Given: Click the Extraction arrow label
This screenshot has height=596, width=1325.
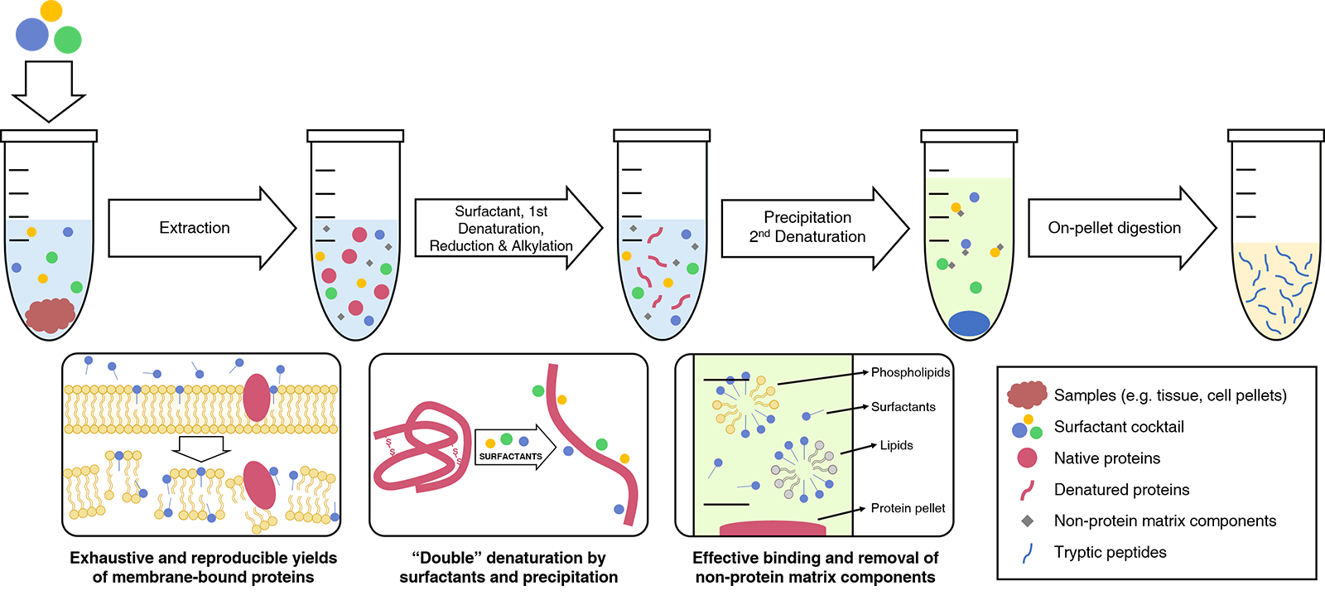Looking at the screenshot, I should pos(195,228).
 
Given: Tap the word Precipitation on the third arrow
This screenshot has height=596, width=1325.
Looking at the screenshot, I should pos(807,217).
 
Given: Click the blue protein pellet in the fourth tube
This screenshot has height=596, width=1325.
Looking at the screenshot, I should pos(969,323).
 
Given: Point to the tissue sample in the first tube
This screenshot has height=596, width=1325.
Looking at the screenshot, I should pos(51,315).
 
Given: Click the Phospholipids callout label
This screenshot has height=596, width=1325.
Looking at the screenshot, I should pos(910,372).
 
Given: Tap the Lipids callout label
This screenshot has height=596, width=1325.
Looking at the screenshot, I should pos(896,445).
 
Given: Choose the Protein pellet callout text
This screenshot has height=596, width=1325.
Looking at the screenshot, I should pos(908,508).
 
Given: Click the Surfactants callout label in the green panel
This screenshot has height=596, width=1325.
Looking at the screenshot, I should pos(903,407).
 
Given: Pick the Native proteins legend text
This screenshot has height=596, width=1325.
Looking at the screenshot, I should pos(1106,458).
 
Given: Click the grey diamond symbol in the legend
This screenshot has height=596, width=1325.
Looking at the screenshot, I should pos(1027,521).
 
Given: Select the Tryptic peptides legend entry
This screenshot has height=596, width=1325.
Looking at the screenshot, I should pos(1110,552).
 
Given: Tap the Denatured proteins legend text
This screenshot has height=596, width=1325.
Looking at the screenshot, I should pos(1121,490).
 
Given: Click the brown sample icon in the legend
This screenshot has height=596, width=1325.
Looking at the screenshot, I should pos(1027,395).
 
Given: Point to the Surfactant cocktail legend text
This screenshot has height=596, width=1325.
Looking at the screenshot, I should pos(1119,427).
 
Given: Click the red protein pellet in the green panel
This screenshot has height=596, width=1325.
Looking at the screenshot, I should pos(773,527).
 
